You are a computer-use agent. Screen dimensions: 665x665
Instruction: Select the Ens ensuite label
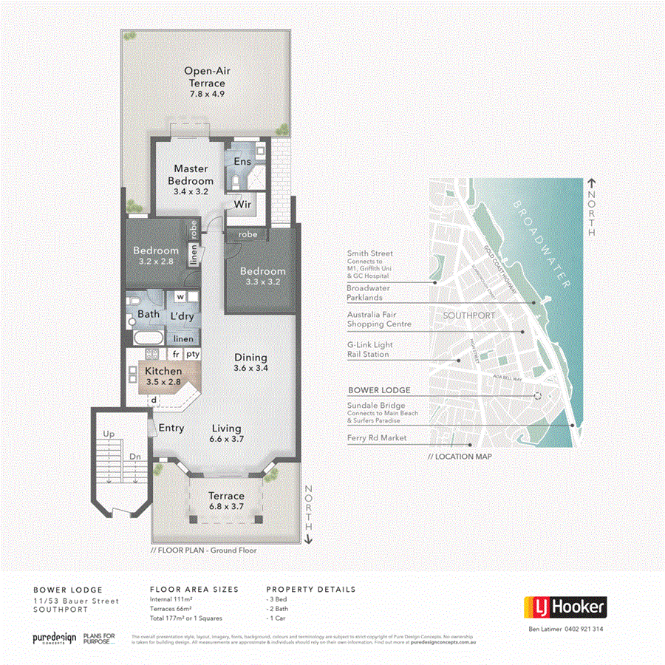242,161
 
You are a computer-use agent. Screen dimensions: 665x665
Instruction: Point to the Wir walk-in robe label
243,204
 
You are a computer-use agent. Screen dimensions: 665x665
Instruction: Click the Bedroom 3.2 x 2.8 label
156,256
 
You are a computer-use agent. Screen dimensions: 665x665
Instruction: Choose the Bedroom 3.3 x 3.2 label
262,276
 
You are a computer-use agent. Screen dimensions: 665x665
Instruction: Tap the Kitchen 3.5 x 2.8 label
163,376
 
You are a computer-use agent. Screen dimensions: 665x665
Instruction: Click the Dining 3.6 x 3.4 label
250,362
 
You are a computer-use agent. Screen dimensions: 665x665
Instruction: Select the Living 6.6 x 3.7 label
226,433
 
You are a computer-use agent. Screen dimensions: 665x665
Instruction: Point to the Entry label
171,428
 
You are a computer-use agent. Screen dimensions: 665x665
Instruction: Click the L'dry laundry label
181,316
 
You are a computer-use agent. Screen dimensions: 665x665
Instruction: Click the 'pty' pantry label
193,354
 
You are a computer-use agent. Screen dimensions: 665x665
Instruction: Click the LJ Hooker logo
565,607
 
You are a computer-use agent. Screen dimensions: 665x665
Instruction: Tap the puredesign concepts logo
54,638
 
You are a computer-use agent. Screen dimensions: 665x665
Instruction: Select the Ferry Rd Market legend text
378,437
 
